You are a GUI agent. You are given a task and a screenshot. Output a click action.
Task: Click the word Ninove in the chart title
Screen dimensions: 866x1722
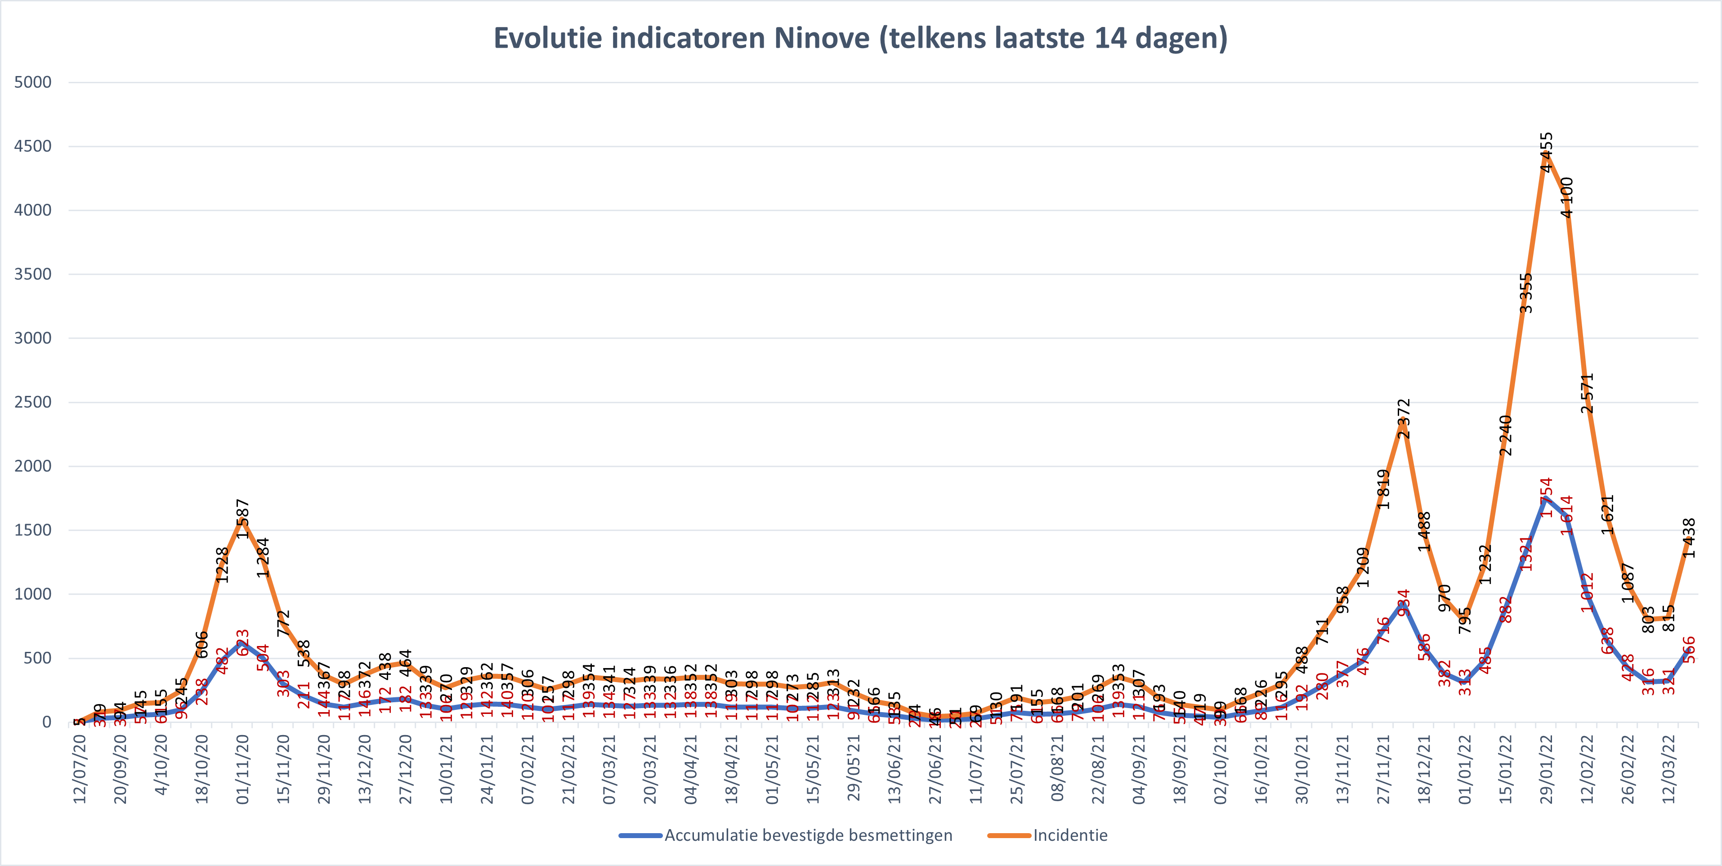click(x=822, y=38)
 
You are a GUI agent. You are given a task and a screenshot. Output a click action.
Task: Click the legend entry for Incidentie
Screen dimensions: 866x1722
click(x=1069, y=835)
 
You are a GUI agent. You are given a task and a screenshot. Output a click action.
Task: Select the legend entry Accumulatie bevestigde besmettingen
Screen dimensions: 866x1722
click(x=808, y=835)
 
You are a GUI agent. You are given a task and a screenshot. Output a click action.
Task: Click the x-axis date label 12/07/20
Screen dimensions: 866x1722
click(x=80, y=769)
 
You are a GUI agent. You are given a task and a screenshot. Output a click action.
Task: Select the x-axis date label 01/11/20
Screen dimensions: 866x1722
click(x=243, y=769)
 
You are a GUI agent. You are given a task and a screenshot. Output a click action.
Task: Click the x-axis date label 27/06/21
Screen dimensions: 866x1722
click(x=935, y=769)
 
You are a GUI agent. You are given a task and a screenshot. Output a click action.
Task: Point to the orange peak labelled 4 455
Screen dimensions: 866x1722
click(x=1546, y=153)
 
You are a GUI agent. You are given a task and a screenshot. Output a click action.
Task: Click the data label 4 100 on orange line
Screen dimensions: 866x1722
click(x=1567, y=197)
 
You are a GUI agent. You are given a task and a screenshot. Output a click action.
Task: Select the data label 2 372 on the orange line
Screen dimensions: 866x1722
click(x=1404, y=419)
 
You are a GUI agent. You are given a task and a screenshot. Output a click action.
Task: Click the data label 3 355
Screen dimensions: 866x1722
click(x=1526, y=293)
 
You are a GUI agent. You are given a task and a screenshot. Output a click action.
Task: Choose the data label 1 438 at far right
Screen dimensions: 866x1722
click(x=1689, y=538)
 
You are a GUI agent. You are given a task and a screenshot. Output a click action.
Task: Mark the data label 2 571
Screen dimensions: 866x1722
click(x=1588, y=393)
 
